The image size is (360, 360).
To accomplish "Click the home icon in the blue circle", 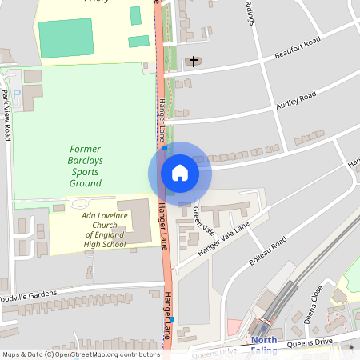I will click(x=179, y=173).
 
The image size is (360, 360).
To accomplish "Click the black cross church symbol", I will click(x=193, y=61).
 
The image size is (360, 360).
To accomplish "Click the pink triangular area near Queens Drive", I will click(x=234, y=327).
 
